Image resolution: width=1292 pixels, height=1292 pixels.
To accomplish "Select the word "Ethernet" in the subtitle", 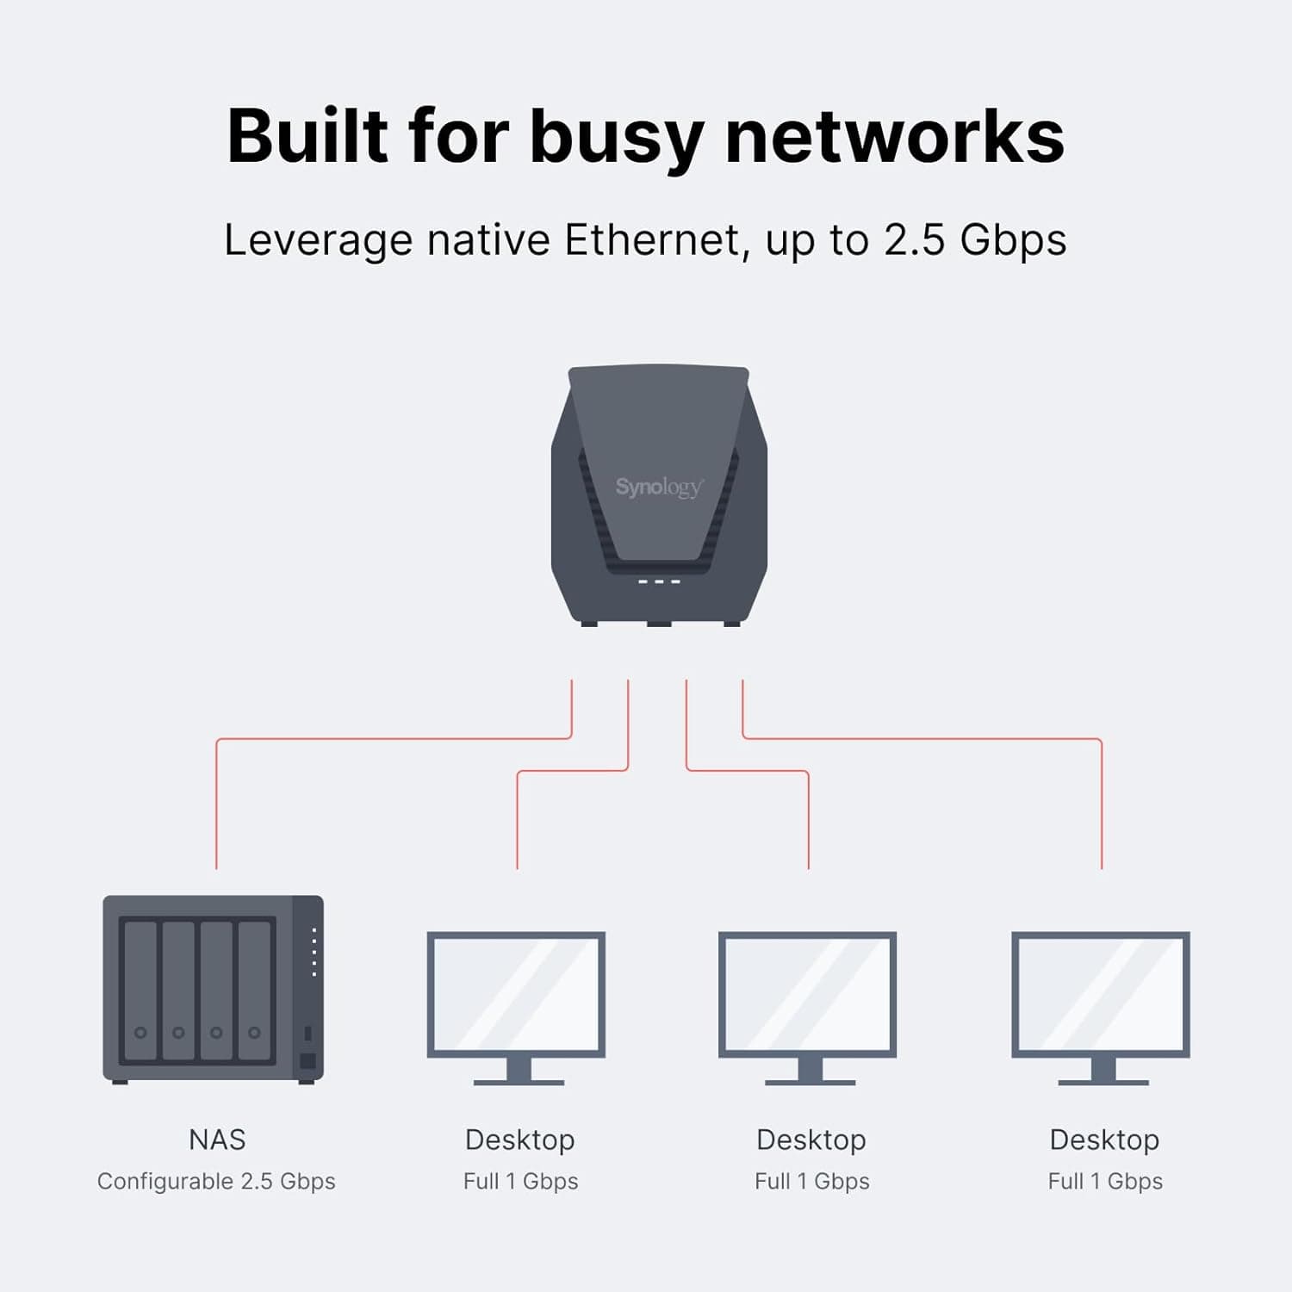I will point(652,239).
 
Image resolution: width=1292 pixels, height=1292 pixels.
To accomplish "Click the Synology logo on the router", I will point(659,488).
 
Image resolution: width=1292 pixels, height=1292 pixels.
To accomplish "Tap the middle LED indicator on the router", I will point(659,582).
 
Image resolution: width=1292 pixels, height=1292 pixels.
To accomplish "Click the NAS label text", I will point(217,1140).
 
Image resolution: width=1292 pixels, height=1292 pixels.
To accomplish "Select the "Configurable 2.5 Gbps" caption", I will point(216,1181).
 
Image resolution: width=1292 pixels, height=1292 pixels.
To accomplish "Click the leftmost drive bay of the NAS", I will point(140,991).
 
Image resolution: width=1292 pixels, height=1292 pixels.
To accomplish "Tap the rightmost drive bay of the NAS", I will point(254,991).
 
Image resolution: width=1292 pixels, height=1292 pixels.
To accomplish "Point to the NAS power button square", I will point(307,1061).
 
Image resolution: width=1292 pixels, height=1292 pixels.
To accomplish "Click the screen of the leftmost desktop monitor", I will point(517,994).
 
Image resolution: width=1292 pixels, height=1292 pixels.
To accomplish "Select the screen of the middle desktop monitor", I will point(808,994).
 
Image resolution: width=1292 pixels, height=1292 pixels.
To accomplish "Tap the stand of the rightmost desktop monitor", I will point(1103,1071).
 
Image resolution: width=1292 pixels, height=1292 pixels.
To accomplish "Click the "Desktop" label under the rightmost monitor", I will point(1104,1140).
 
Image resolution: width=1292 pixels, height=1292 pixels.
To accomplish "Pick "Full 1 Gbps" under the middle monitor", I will point(812,1181).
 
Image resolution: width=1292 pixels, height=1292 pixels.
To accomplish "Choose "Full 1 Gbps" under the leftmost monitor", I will point(520,1181).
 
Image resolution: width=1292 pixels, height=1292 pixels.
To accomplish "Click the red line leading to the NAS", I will point(216,801).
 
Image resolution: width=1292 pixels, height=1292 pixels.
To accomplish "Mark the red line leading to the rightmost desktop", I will point(1102,801).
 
